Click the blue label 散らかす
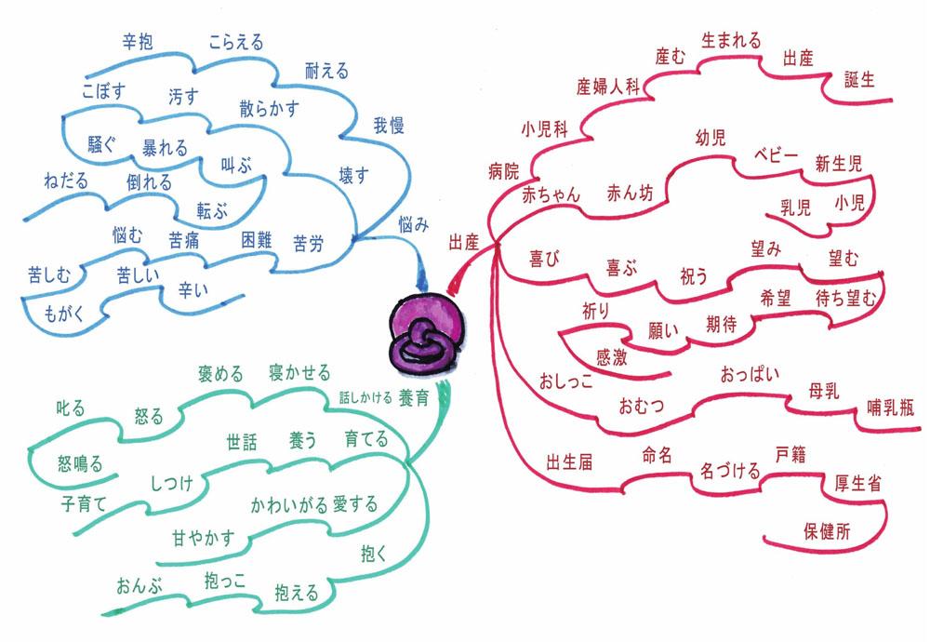(269, 109)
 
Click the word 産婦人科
(609, 88)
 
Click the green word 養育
(413, 398)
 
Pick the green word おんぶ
(139, 586)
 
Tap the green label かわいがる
(289, 506)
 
